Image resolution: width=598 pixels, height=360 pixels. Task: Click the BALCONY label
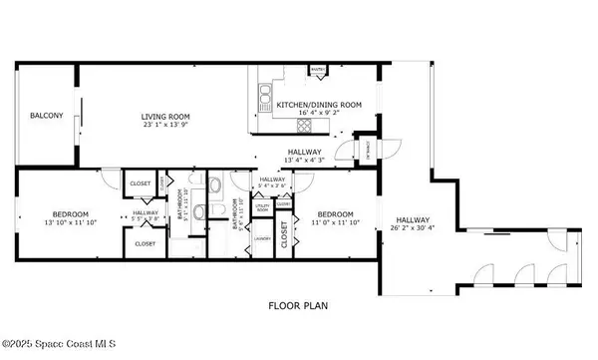click(x=46, y=116)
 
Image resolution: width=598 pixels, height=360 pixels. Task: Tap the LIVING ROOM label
click(x=165, y=117)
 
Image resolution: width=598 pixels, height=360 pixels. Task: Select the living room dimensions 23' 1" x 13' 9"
click(x=165, y=127)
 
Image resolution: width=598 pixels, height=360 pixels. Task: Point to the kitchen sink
click(x=265, y=97)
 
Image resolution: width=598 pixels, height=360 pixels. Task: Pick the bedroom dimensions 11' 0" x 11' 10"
click(x=335, y=223)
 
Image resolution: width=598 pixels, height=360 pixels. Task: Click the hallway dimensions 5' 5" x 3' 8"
click(x=146, y=217)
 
